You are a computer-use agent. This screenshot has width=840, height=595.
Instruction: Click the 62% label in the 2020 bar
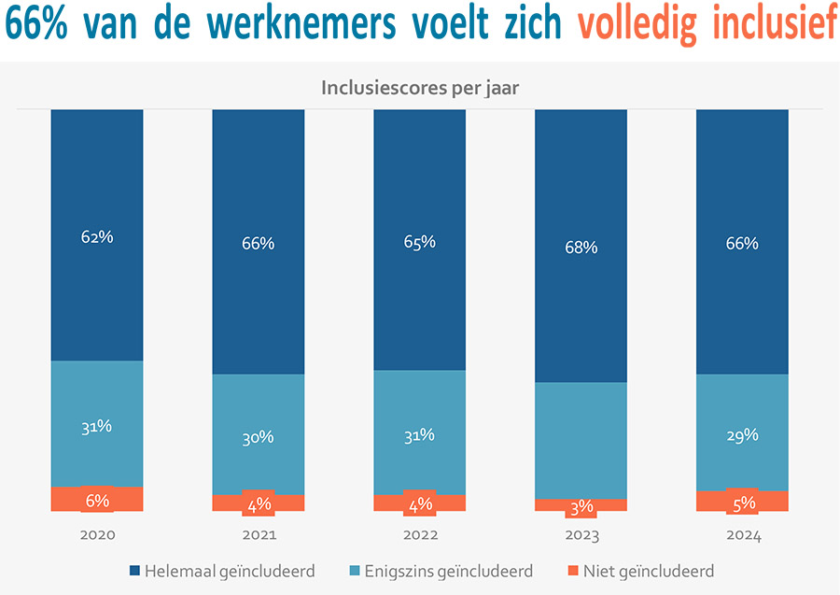pos(97,236)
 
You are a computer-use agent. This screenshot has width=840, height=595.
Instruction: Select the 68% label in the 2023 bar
pos(581,248)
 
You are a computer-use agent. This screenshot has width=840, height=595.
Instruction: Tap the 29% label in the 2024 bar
pos(743,435)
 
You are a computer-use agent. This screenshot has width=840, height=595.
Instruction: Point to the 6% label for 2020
pos(97,501)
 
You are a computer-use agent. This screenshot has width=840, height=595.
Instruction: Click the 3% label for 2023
pos(581,507)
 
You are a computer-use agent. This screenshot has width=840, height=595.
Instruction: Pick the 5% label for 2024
pos(743,503)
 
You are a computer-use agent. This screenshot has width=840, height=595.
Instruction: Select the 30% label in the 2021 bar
pos(259,437)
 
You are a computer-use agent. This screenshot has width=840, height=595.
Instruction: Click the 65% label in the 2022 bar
pos(420,242)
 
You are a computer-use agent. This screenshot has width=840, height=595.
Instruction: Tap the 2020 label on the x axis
pos(97,536)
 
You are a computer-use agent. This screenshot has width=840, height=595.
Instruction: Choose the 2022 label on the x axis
pos(420,536)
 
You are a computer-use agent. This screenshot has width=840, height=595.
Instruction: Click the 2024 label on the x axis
pos(743,536)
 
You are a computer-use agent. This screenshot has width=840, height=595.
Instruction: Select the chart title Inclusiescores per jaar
pos(420,89)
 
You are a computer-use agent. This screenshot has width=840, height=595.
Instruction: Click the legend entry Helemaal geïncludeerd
pos(229,571)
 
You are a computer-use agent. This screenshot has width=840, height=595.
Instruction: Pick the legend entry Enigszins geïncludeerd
pos(447,571)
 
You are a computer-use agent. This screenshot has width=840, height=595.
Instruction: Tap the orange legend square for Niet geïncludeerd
pos(572,571)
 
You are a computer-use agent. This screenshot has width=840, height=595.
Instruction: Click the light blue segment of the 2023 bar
pos(581,439)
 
